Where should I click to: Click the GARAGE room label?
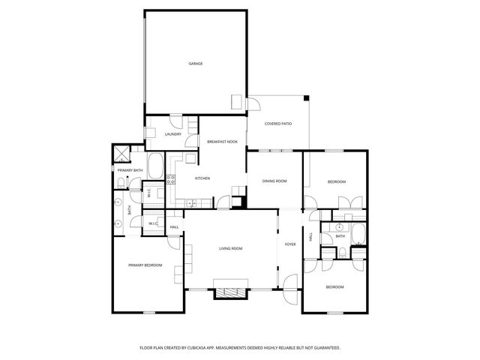[195, 64]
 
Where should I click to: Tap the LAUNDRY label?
[173, 134]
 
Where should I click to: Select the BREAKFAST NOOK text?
[222, 142]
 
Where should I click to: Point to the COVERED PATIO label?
[277, 124]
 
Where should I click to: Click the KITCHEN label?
[202, 178]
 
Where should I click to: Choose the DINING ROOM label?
[274, 181]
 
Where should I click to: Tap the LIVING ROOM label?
[231, 248]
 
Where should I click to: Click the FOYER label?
[289, 244]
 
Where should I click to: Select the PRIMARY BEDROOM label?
[145, 265]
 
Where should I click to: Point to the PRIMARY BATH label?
[130, 170]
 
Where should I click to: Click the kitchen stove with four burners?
[170, 179]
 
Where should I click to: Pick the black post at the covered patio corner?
[306, 97]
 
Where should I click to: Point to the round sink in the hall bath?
[339, 226]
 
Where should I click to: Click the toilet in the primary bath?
[121, 184]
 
